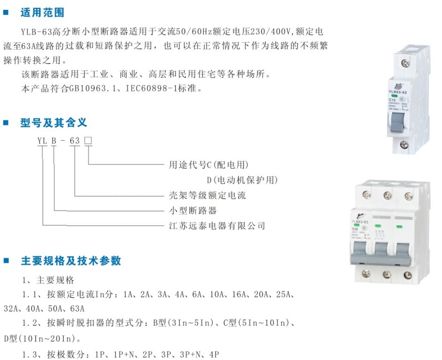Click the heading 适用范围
(x=42, y=13)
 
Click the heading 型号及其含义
(x=54, y=123)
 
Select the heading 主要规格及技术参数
(x=71, y=261)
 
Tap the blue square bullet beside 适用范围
(x=6, y=12)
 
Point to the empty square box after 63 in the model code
(x=88, y=140)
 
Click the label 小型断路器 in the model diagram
(x=193, y=210)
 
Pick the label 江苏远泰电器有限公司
(x=217, y=225)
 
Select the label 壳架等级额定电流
(x=208, y=195)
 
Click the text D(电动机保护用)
(x=242, y=180)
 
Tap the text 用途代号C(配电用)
(x=209, y=165)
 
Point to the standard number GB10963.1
(x=92, y=88)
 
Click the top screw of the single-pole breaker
(x=405, y=64)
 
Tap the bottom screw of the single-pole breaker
(x=404, y=144)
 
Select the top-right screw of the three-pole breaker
(x=409, y=196)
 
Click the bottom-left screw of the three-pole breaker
(x=366, y=273)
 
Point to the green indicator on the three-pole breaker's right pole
(x=399, y=226)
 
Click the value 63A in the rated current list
(x=77, y=309)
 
